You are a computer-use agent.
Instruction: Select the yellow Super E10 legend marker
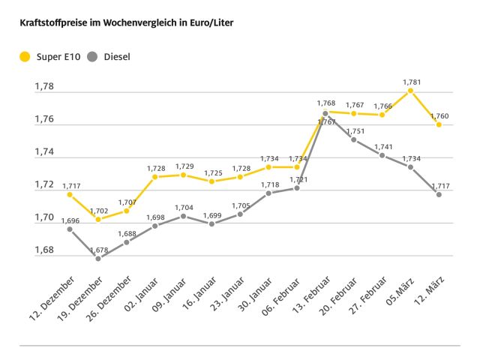pyautogui.click(x=25, y=56)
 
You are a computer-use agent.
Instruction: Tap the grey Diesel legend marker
pyautogui.click(x=92, y=56)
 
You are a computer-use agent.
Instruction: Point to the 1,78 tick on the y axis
pyautogui.click(x=44, y=87)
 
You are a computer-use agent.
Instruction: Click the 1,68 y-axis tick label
pyautogui.click(x=44, y=250)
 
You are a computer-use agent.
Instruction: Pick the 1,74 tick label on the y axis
pyautogui.click(x=44, y=152)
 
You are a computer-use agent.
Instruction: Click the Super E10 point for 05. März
pyautogui.click(x=410, y=91)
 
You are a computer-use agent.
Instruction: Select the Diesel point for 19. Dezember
pyautogui.click(x=98, y=258)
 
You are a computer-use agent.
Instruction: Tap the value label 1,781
pyautogui.click(x=412, y=82)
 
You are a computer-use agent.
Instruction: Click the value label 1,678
pyautogui.click(x=98, y=249)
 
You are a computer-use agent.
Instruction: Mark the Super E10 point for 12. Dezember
pyautogui.click(x=70, y=194)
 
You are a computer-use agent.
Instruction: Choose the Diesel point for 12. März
pyautogui.click(x=439, y=194)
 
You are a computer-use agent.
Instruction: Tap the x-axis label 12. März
pyautogui.click(x=424, y=298)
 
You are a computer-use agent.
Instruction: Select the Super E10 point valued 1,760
pyautogui.click(x=439, y=124)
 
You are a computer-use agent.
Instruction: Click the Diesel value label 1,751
pyautogui.click(x=355, y=130)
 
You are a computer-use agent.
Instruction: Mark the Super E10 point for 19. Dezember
pyautogui.click(x=98, y=219)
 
